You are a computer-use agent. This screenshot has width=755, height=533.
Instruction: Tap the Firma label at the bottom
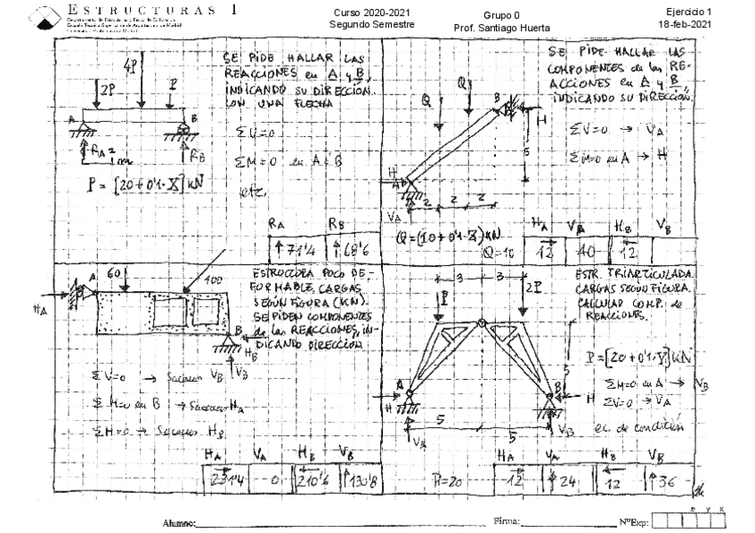pos(507,521)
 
